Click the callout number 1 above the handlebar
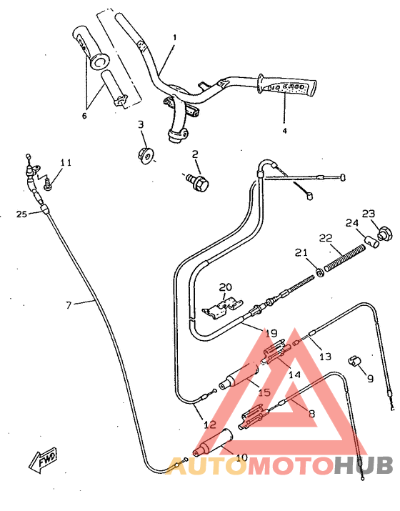[174, 36]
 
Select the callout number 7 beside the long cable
[69, 305]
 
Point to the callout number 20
[226, 287]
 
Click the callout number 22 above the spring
[325, 238]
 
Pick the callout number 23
[368, 214]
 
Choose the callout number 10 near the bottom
[241, 457]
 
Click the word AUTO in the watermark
[207, 466]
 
